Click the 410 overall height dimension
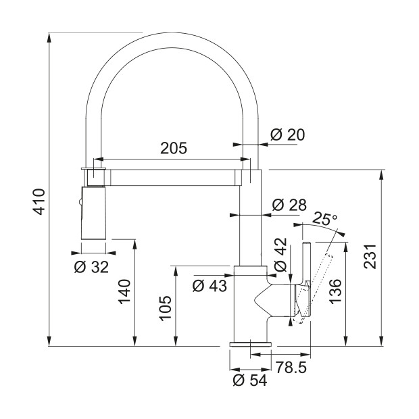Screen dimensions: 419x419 39,202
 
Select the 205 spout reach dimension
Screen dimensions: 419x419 174,148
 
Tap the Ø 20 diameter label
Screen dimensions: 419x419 287,134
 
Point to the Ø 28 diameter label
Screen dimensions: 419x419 289,205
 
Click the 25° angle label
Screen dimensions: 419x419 324,218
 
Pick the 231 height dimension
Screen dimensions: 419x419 370,256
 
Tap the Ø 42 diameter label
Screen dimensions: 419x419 280,254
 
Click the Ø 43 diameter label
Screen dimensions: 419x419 209,286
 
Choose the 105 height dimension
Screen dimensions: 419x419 166,307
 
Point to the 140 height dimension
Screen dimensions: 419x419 124,292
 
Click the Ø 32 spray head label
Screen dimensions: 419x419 91,267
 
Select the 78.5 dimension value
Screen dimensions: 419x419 291,368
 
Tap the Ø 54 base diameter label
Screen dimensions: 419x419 250,380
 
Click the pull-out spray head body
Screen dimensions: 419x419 93,213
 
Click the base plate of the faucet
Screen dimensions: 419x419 250,343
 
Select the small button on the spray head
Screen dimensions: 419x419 80,202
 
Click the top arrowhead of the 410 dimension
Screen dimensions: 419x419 49,37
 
